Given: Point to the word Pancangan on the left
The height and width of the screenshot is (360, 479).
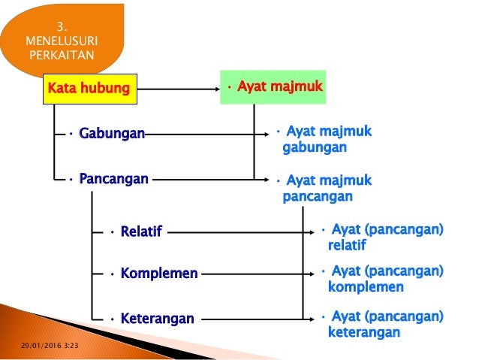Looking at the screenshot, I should point(112,180).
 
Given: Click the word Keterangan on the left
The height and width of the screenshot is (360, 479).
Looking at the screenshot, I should point(155,319).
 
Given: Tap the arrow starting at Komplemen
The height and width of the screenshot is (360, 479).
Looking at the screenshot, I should point(255,274).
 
